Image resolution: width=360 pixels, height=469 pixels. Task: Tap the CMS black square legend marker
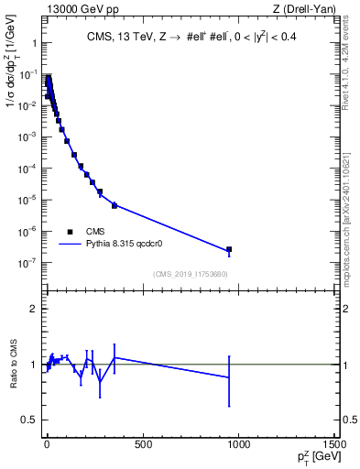pos(71,232)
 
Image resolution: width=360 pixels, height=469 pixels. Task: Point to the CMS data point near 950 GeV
pos(229,249)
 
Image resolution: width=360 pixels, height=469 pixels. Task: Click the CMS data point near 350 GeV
pos(115,205)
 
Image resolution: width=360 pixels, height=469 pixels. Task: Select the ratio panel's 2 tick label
pos(36,310)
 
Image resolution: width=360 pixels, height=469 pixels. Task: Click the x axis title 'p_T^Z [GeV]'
pos(312,457)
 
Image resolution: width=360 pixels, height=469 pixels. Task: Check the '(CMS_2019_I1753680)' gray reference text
pos(190,274)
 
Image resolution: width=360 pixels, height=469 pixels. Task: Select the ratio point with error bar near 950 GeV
pos(229,377)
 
